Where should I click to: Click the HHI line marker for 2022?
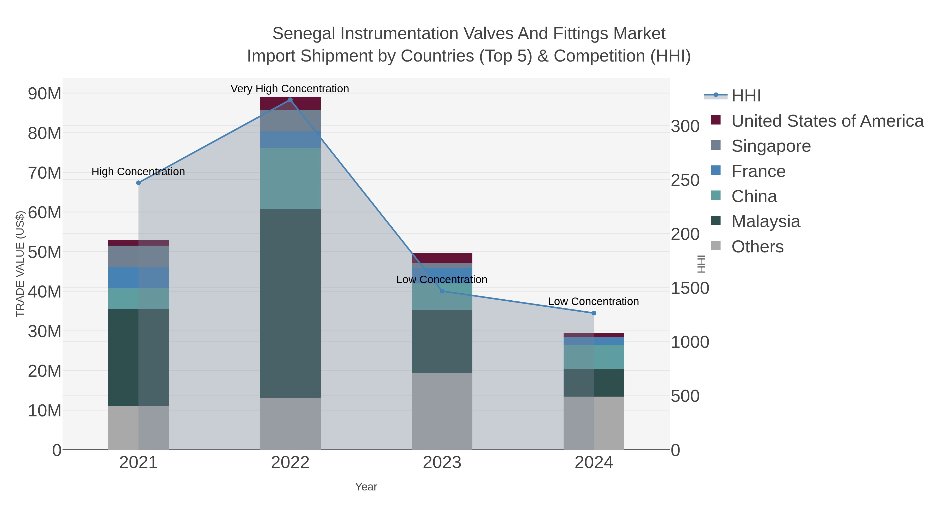[290, 100]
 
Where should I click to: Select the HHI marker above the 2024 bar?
[594, 313]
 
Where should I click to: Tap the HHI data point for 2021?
[138, 183]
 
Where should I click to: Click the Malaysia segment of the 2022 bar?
[290, 303]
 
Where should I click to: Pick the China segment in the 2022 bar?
[290, 179]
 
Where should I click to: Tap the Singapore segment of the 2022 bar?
[290, 120]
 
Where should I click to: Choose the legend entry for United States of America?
[827, 121]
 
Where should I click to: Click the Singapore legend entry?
[771, 146]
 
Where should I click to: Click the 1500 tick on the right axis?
[690, 288]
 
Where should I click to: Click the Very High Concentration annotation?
[290, 89]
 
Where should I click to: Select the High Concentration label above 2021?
[138, 172]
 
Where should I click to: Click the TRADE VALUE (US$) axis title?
[20, 264]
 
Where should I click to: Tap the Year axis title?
[366, 487]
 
